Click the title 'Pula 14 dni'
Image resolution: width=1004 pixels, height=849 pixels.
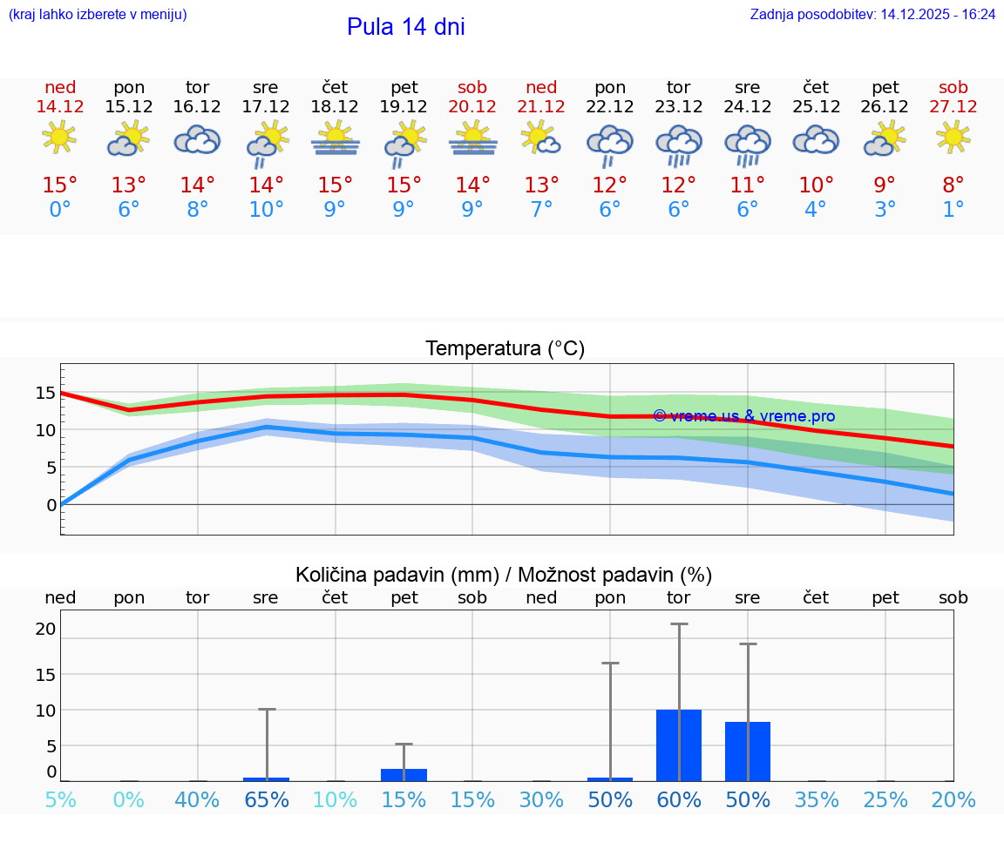pyautogui.click(x=405, y=27)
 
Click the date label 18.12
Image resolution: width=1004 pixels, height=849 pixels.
pyautogui.click(x=335, y=107)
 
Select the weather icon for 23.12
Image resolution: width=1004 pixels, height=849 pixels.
pyautogui.click(x=679, y=145)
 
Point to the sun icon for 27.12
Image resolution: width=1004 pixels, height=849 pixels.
pyautogui.click(x=953, y=137)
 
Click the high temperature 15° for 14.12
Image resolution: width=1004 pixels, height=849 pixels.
pyautogui.click(x=60, y=185)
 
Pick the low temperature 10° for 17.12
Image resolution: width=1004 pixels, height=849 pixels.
pyautogui.click(x=266, y=210)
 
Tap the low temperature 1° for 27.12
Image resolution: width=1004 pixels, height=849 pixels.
pyautogui.click(x=953, y=210)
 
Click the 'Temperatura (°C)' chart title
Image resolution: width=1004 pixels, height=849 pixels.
pyautogui.click(x=505, y=349)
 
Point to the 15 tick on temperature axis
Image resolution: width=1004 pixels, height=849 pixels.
pyautogui.click(x=45, y=393)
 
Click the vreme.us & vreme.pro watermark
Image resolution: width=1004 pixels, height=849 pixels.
pyautogui.click(x=743, y=416)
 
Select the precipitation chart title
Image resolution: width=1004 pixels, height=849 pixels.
pyautogui.click(x=504, y=575)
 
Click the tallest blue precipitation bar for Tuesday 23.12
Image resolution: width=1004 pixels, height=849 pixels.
pyautogui.click(x=679, y=745)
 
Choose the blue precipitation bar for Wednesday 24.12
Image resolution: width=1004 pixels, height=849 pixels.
pyautogui.click(x=748, y=751)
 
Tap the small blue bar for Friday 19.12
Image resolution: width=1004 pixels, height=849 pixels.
pyautogui.click(x=404, y=775)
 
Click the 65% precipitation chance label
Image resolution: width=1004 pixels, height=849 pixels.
pyautogui.click(x=266, y=800)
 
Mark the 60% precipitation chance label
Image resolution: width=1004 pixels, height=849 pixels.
pyautogui.click(x=679, y=800)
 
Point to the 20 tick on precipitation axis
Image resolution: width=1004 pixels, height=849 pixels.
pyautogui.click(x=45, y=629)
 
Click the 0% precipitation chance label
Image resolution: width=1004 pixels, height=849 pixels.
pyautogui.click(x=128, y=800)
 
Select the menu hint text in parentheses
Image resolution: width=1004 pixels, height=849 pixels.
pyautogui.click(x=97, y=15)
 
